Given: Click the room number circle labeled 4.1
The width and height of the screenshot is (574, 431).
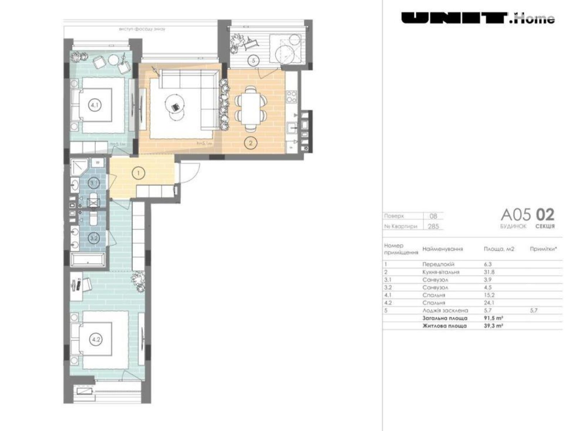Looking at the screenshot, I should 95,105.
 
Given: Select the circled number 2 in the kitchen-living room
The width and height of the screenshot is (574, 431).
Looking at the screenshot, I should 251,143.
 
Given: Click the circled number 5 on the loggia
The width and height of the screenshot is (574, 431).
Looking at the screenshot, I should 253,61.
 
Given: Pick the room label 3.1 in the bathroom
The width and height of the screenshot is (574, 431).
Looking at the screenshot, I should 94,184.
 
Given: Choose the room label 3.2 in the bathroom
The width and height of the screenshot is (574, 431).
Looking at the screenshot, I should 94,238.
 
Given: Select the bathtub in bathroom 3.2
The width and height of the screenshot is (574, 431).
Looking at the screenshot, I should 88,259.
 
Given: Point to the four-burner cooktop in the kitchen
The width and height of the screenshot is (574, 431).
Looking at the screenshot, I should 291,97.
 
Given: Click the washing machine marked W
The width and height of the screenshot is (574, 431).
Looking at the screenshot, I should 97,163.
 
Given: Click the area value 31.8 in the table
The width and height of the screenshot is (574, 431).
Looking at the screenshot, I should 489,272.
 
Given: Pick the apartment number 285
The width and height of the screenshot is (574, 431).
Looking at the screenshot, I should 433,227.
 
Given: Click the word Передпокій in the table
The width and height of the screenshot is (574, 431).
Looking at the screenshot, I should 438,264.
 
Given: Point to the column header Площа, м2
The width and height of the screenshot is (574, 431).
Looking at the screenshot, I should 499,249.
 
